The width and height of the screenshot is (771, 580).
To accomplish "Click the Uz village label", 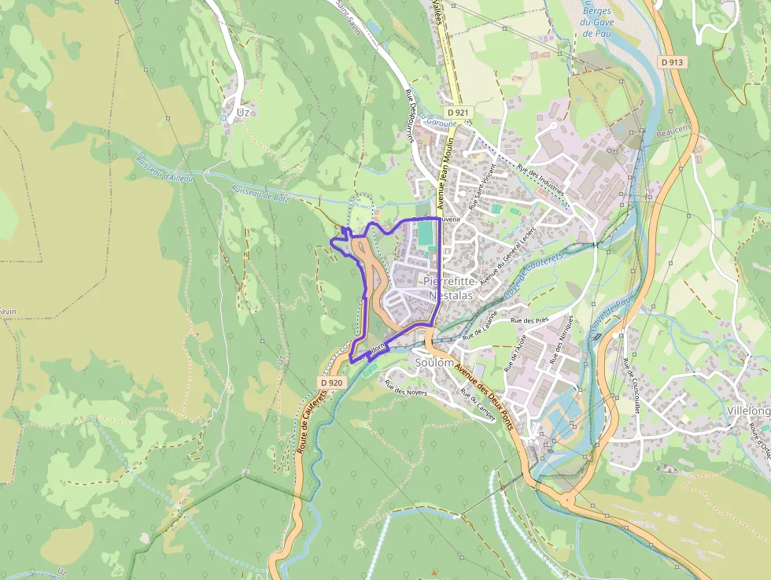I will click(243, 113).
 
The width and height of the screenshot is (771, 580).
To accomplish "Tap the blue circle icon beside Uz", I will click(223, 118).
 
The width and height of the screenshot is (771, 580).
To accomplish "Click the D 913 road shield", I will click(673, 61).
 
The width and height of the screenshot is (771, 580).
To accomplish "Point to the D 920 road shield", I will click(332, 382).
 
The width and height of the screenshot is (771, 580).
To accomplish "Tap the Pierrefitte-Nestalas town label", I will click(448, 288).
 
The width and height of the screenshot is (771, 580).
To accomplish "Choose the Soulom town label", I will click(433, 363).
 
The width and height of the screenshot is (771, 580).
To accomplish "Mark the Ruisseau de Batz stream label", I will click(260, 194).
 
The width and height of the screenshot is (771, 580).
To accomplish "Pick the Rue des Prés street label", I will click(529, 321).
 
